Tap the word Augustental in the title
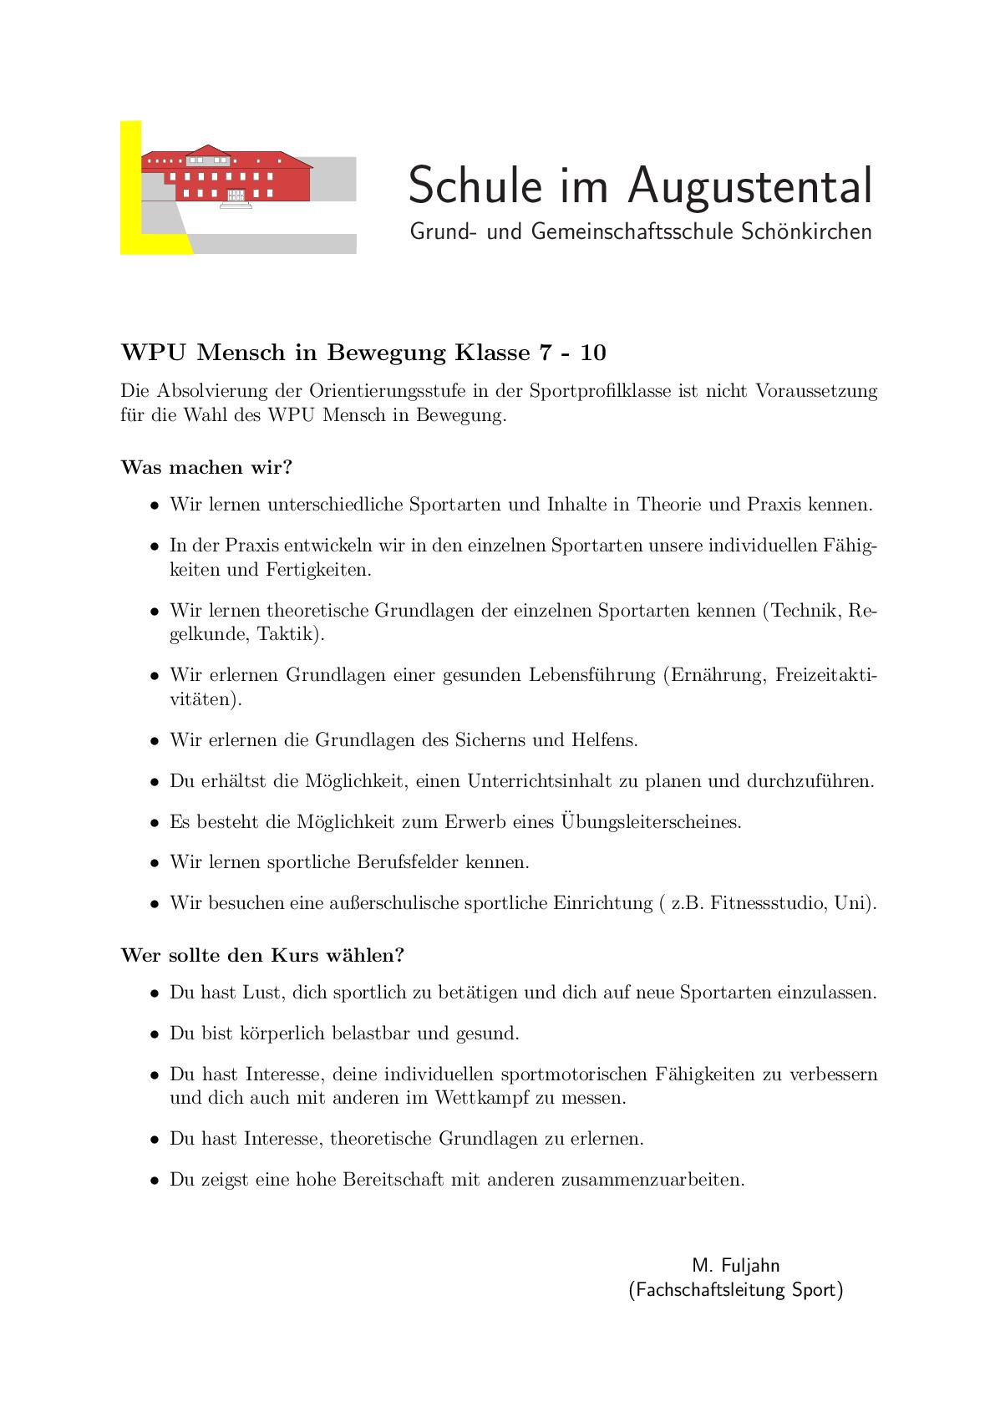[x=749, y=185]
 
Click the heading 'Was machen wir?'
[x=206, y=467]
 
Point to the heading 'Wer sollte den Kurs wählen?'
[x=262, y=955]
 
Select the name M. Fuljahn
[x=735, y=1265]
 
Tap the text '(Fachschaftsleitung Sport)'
[x=735, y=1290]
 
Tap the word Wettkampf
[x=481, y=1098]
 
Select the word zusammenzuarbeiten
[x=652, y=1180]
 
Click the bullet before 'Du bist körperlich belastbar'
[x=155, y=1034]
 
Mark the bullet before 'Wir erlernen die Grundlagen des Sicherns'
[x=155, y=741]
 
